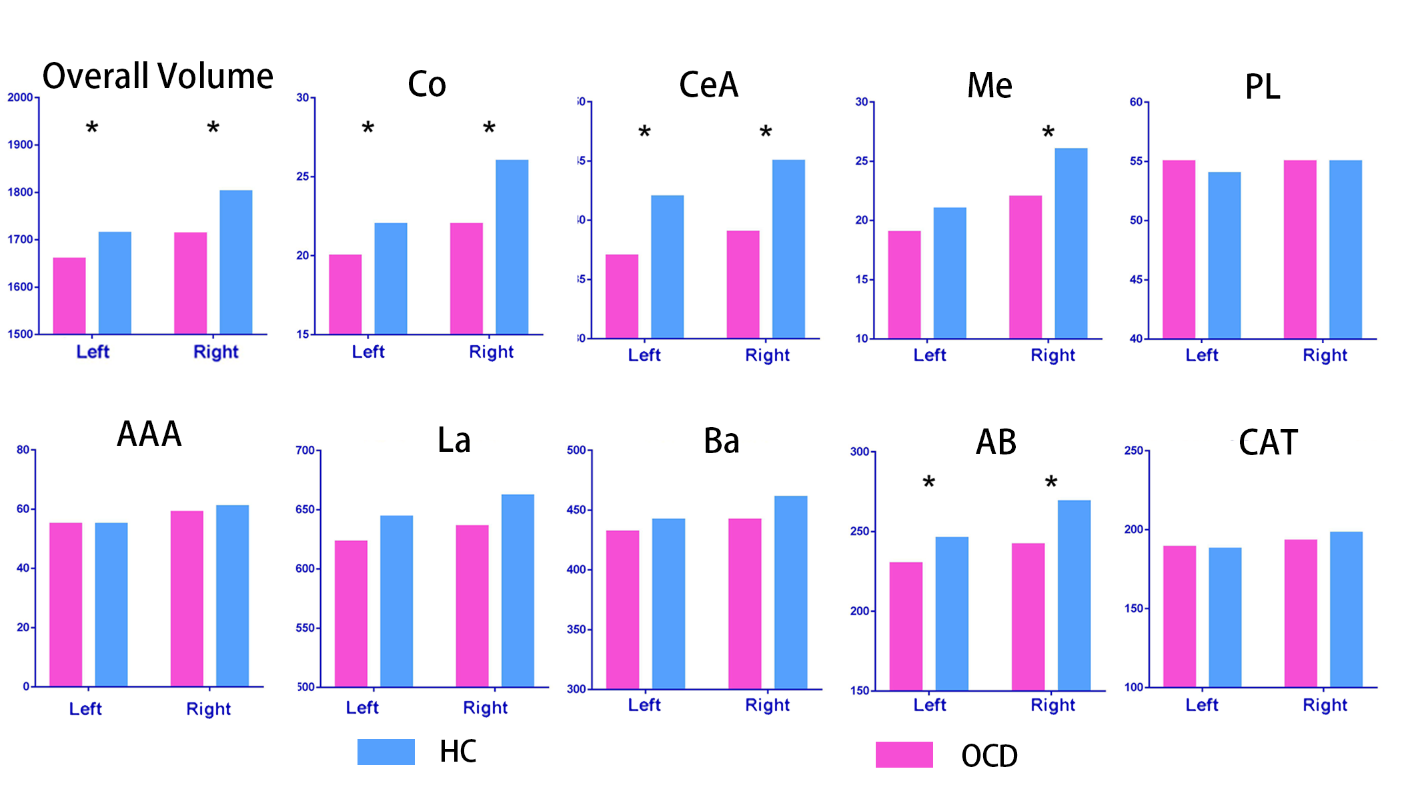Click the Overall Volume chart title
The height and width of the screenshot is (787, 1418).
[157, 76]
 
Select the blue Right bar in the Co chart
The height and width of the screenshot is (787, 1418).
[512, 247]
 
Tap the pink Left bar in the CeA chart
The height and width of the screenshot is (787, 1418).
[622, 296]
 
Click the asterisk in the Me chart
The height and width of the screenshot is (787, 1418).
[1048, 133]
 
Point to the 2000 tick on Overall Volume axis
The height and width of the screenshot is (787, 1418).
[20, 97]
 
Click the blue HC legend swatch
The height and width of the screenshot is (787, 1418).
[386, 752]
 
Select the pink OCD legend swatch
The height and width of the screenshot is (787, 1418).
[904, 754]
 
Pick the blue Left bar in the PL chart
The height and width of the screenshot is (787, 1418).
[1224, 255]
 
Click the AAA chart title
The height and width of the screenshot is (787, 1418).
[149, 434]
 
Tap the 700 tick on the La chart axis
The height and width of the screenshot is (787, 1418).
[305, 450]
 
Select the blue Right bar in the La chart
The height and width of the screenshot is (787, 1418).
[518, 590]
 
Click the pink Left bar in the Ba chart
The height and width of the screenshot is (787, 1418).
[622, 609]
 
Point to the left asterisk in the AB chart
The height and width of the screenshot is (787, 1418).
[928, 482]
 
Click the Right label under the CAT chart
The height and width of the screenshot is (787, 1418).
[1325, 705]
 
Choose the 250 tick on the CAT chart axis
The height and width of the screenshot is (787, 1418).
[1133, 450]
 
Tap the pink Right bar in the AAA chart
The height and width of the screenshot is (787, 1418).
[187, 598]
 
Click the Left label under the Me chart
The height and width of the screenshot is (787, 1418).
[929, 355]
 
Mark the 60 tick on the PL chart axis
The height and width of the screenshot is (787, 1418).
[1136, 102]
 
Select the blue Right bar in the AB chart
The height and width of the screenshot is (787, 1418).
[1074, 595]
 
